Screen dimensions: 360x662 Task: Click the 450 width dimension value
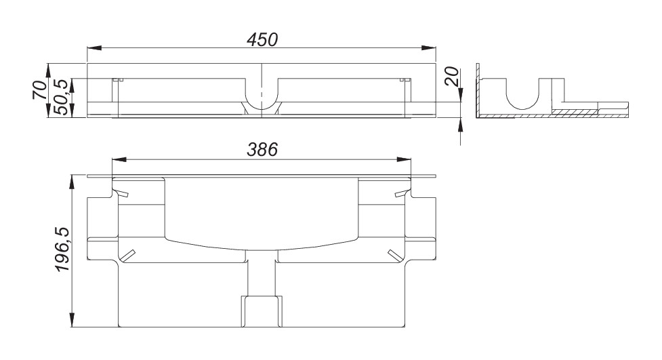[x=262, y=39]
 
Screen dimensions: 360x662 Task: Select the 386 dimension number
[x=262, y=151]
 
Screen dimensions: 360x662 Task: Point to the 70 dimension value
[x=40, y=89]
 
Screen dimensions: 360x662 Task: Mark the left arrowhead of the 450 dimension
[x=94, y=48]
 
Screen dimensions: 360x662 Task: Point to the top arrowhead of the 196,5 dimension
[x=73, y=182]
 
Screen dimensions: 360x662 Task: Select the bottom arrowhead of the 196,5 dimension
[x=73, y=323]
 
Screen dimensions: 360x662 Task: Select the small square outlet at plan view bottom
[x=262, y=312]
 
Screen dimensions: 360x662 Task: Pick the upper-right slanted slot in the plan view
[x=400, y=195]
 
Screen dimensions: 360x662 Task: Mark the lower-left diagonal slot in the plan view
[x=128, y=256]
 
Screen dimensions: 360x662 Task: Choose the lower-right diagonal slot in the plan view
[x=394, y=256]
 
